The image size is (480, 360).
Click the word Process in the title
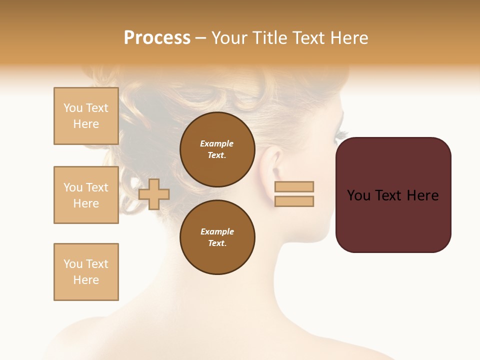(x=157, y=38)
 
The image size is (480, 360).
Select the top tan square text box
(x=86, y=116)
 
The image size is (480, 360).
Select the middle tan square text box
(x=86, y=195)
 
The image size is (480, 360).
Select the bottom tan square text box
(x=86, y=272)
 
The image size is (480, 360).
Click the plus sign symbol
(x=154, y=194)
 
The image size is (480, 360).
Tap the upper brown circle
(x=217, y=149)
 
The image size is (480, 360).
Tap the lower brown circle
(x=217, y=237)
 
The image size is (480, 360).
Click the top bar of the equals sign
(x=294, y=187)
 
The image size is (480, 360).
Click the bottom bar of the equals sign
(x=294, y=201)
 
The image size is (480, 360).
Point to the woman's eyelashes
(x=341, y=134)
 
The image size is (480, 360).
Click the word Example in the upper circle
(x=217, y=143)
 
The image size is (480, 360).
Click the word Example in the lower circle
(x=217, y=231)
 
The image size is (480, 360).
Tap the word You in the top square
(x=73, y=108)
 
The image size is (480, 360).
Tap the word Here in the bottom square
(x=86, y=280)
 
